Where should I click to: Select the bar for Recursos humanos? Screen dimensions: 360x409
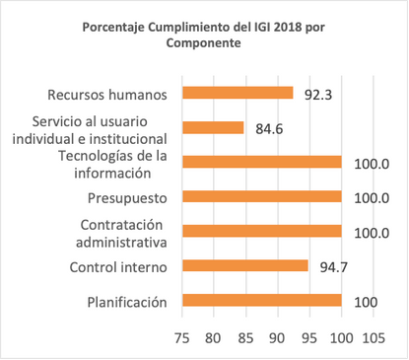coord(237,93)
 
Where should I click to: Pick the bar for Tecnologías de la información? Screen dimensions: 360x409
coord(261,162)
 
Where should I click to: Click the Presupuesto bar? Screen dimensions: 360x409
coord(261,196)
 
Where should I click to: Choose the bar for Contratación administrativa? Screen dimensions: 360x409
coord(261,231)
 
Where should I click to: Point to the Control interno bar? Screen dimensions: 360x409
coord(244,266)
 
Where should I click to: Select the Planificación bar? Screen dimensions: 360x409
coord(261,301)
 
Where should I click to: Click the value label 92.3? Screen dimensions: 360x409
coord(318,94)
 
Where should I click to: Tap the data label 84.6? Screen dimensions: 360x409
coord(271,128)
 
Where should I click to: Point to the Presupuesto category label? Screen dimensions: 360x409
coord(127,197)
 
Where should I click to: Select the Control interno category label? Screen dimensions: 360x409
coord(117,266)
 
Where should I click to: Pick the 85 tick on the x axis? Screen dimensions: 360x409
coord(245,338)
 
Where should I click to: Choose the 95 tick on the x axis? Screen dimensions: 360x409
coord(309,338)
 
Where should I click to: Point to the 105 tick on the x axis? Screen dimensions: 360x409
coord(373,338)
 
